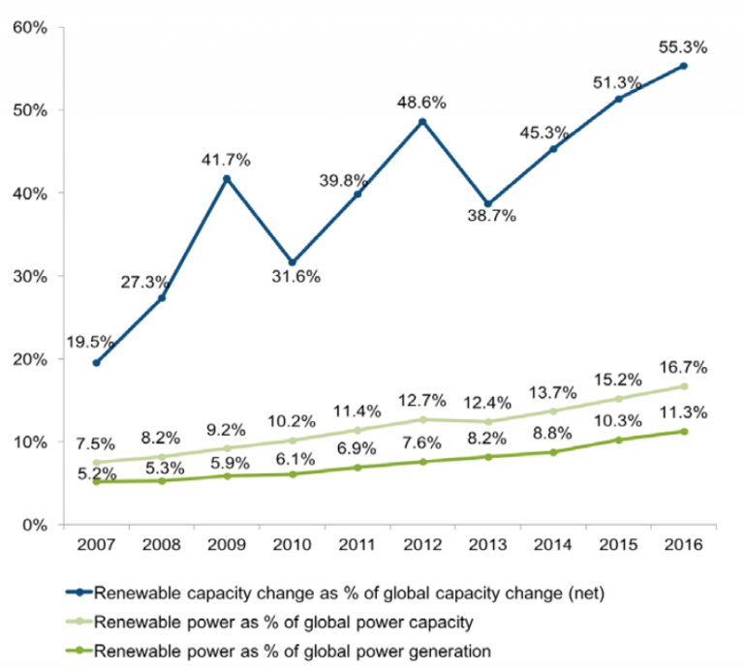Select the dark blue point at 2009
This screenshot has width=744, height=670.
pyautogui.click(x=226, y=179)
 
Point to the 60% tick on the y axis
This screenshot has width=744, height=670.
pyautogui.click(x=31, y=27)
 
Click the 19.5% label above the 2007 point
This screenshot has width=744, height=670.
pyautogui.click(x=91, y=342)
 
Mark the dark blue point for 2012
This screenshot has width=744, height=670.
pyautogui.click(x=422, y=122)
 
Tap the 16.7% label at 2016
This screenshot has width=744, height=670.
pyautogui.click(x=683, y=367)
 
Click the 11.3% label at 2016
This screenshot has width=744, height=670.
pyautogui.click(x=683, y=411)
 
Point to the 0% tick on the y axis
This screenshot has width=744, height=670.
pyautogui.click(x=35, y=525)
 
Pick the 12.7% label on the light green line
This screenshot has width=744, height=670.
pyautogui.click(x=422, y=399)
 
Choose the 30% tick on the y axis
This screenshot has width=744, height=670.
pyautogui.click(x=31, y=276)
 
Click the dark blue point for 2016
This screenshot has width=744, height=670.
pyautogui.click(x=683, y=66)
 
